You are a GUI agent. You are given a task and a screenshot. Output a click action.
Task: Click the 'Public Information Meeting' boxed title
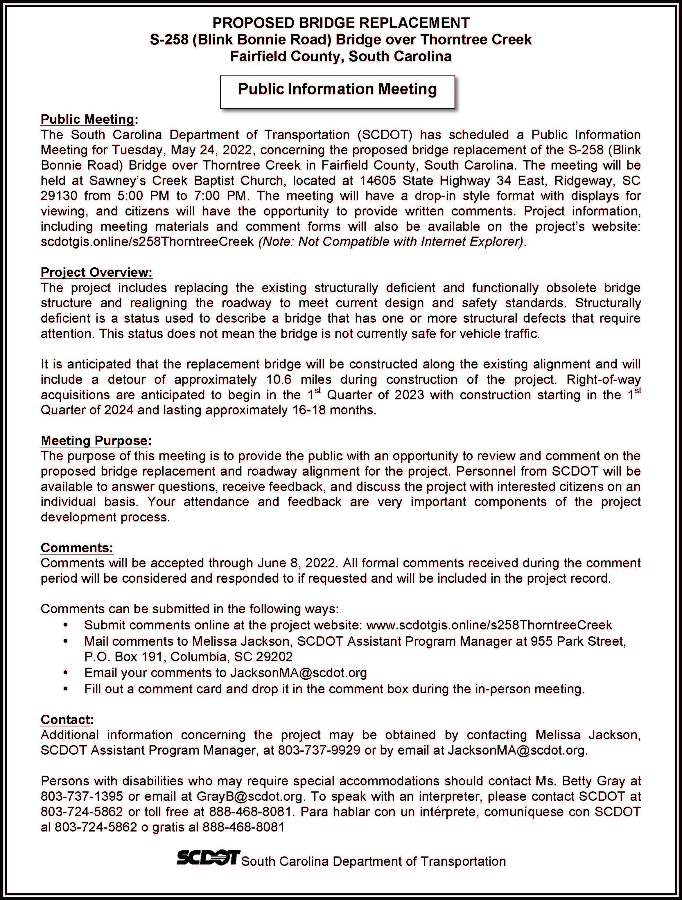click(x=337, y=89)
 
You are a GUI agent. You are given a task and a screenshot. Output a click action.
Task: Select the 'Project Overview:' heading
click(x=96, y=272)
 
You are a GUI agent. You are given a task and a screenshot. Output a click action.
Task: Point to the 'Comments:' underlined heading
click(x=77, y=548)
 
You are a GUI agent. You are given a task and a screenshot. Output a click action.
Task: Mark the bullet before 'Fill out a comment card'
click(x=65, y=689)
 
